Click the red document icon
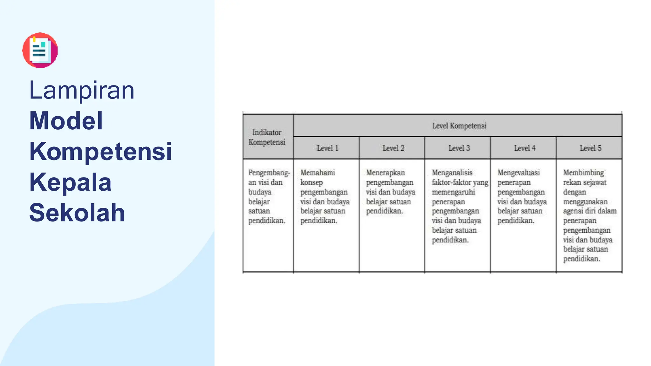(x=40, y=50)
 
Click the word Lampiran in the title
(x=82, y=91)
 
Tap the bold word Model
(x=66, y=121)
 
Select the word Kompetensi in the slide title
(x=100, y=152)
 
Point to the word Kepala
(x=70, y=182)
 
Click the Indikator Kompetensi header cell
(x=267, y=137)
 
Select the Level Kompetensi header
(x=459, y=126)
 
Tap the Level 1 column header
(x=327, y=148)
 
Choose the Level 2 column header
(x=393, y=148)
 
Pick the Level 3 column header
(x=459, y=148)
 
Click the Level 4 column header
(x=525, y=148)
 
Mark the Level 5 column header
(x=590, y=148)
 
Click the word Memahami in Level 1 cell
(x=318, y=173)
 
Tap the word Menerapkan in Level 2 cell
(x=385, y=173)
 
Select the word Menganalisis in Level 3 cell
(x=452, y=173)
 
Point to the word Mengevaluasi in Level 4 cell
(x=518, y=173)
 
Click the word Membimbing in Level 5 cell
(x=583, y=173)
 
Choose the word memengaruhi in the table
(x=453, y=192)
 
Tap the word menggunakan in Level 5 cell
(x=585, y=202)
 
